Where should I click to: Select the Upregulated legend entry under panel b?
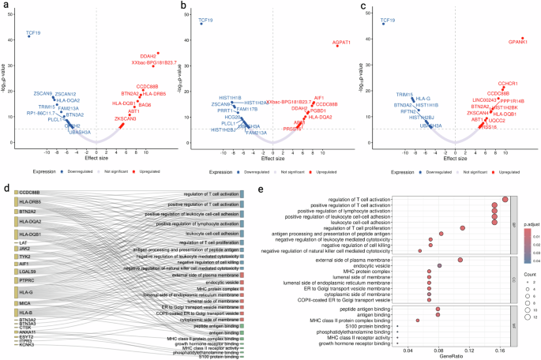(321, 171)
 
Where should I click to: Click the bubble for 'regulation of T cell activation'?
(505, 199)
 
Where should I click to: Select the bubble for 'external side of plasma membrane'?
(460, 259)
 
